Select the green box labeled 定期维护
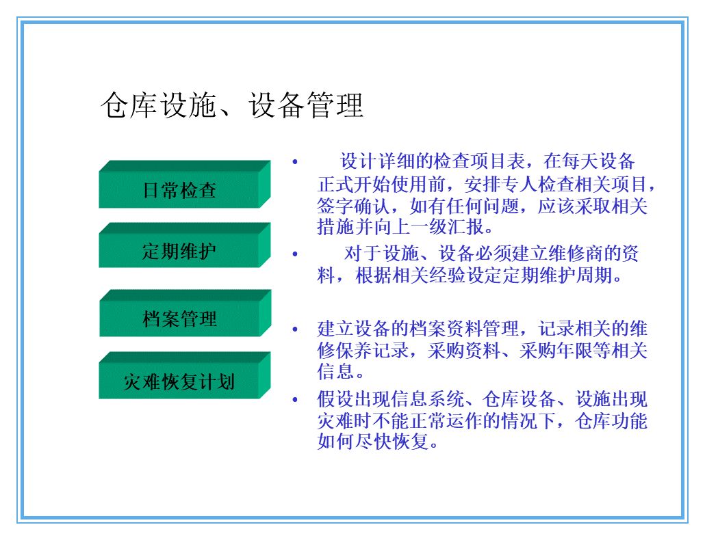tap(179, 251)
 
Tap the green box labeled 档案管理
tap(179, 319)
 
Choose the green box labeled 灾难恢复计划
tap(179, 381)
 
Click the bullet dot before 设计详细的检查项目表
tap(295, 163)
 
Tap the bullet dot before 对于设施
tap(295, 254)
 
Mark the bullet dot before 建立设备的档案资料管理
tap(295, 329)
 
